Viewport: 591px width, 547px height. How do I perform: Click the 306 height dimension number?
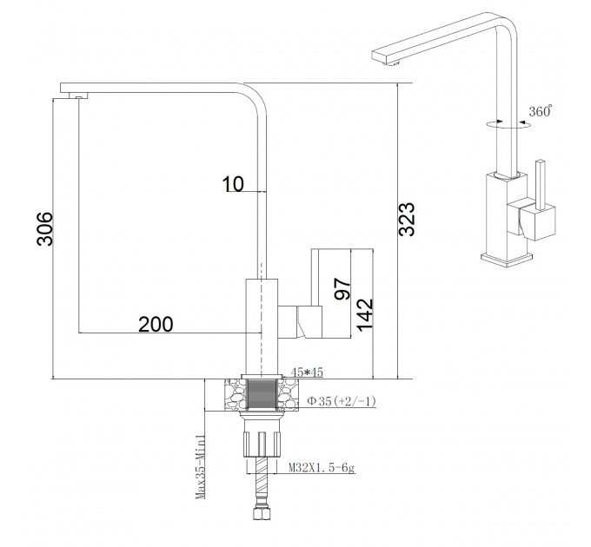click(x=44, y=229)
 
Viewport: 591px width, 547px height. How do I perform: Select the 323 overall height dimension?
click(x=407, y=220)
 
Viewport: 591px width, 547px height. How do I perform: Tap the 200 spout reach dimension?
click(x=156, y=325)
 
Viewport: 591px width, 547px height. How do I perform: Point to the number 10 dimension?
click(x=233, y=184)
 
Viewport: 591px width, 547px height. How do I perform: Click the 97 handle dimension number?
click(x=342, y=289)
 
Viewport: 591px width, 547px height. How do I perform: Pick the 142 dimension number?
click(x=364, y=315)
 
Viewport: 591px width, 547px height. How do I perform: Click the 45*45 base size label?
click(x=307, y=372)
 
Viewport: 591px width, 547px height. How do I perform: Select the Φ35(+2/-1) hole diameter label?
click(x=342, y=401)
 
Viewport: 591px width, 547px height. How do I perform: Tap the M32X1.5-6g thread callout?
click(x=322, y=468)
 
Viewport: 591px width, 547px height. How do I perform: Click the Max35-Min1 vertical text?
click(x=201, y=467)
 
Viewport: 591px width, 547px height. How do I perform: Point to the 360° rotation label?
click(x=540, y=111)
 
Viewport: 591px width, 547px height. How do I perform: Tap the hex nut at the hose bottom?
click(x=262, y=513)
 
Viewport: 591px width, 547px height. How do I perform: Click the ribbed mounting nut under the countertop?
click(x=262, y=445)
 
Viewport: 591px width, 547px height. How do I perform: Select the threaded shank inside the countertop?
click(x=262, y=394)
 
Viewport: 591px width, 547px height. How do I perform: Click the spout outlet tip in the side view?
click(x=78, y=96)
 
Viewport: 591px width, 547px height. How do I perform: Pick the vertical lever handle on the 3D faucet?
click(x=541, y=185)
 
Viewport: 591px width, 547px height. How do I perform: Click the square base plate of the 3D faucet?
click(x=507, y=260)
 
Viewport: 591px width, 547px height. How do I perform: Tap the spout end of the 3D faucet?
click(x=385, y=57)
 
